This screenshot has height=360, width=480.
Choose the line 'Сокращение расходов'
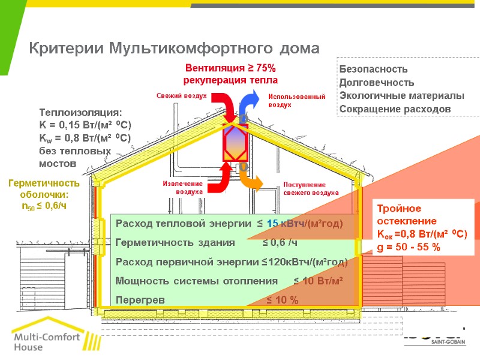click(394, 109)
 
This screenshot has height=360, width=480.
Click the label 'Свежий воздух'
click(182, 95)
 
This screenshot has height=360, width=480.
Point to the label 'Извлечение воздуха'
click(184, 187)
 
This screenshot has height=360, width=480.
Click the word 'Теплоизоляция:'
click(80, 113)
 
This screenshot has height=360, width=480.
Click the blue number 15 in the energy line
click(272, 224)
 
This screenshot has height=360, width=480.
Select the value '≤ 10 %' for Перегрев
click(282, 300)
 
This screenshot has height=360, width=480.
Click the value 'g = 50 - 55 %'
click(408, 247)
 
